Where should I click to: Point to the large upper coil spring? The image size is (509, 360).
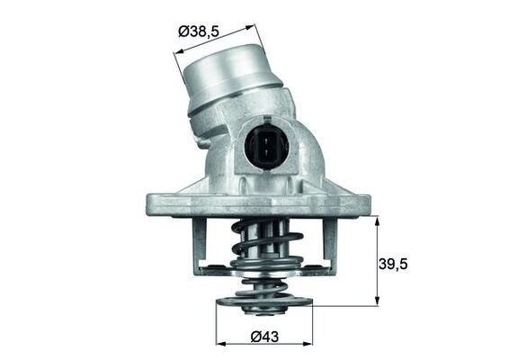click(263, 245)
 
